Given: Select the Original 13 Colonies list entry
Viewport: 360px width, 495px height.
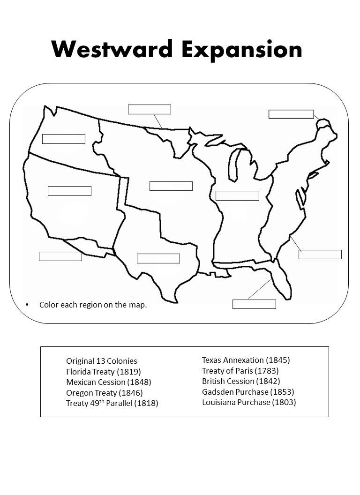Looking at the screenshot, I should pyautogui.click(x=102, y=361).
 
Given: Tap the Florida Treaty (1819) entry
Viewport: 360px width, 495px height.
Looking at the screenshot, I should pyautogui.click(x=104, y=372).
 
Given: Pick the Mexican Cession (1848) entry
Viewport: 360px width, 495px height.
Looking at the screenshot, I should pyautogui.click(x=109, y=382).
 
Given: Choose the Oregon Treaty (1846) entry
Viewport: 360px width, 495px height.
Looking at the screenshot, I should pyautogui.click(x=105, y=393).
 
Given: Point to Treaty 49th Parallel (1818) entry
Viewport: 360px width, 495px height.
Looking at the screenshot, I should pyautogui.click(x=112, y=403).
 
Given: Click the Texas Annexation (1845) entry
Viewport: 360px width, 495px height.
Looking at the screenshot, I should pyautogui.click(x=246, y=360).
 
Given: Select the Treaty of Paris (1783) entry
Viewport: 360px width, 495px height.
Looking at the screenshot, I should pyautogui.click(x=240, y=371).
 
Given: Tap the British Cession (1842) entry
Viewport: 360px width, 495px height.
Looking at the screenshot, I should pyautogui.click(x=241, y=381).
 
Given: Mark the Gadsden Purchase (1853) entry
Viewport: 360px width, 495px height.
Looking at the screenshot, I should pyautogui.click(x=248, y=392).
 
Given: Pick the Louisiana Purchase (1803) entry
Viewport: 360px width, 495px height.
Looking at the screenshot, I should pyautogui.click(x=249, y=402).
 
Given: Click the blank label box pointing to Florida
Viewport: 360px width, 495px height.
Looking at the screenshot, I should pyautogui.click(x=254, y=304).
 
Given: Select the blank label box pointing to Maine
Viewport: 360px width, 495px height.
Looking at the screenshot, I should pyautogui.click(x=291, y=114).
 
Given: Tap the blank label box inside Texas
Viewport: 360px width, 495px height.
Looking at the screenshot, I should pyautogui.click(x=158, y=258).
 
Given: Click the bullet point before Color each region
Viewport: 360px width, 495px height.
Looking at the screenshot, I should pyautogui.click(x=27, y=305).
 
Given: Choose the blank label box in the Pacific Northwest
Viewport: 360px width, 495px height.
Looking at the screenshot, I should pyautogui.click(x=64, y=139).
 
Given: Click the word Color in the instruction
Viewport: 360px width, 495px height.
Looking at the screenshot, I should pyautogui.click(x=49, y=305).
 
